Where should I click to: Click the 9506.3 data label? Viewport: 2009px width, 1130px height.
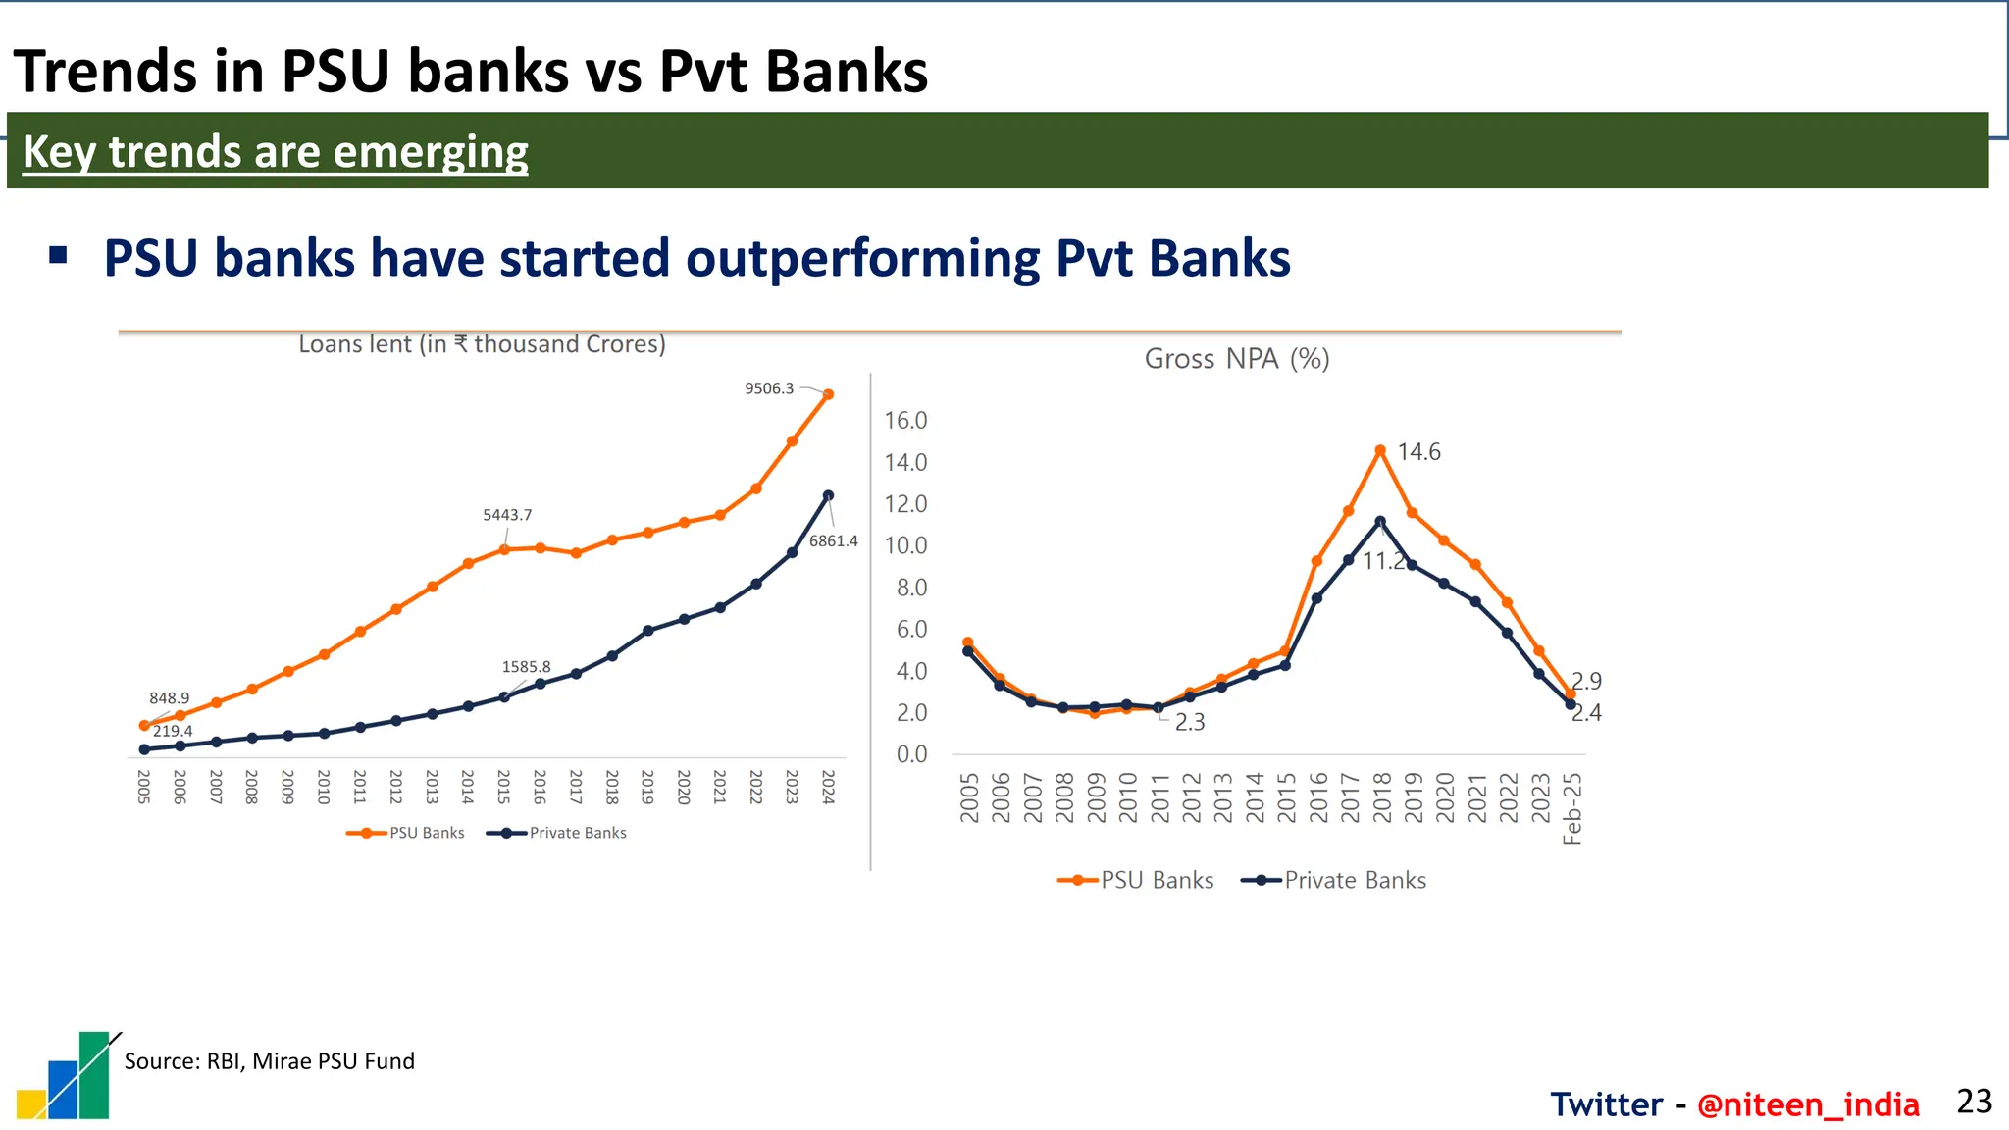tap(769, 388)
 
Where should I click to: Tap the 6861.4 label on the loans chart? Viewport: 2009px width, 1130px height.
tap(833, 540)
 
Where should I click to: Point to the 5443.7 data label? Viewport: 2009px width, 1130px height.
tap(507, 515)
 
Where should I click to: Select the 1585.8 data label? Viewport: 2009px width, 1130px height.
tap(526, 667)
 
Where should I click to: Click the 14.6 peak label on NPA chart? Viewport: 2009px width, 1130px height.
tap(1418, 452)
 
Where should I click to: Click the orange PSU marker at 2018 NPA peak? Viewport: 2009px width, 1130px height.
tap(1380, 450)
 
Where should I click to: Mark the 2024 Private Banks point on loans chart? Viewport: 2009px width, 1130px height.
tap(828, 495)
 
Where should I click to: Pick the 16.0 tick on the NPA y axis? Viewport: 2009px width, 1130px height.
tap(905, 421)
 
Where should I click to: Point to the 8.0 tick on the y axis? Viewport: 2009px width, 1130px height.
tap(911, 588)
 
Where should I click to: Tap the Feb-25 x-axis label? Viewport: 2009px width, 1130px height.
tap(1571, 808)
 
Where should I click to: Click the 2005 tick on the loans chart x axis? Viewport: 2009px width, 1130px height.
tap(144, 787)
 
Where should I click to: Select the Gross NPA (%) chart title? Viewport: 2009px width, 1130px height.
tap(1236, 359)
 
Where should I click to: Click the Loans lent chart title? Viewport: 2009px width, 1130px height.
tap(482, 344)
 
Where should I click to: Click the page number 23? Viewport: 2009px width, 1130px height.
tap(1974, 1102)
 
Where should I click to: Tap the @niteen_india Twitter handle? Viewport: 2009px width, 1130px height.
tap(1807, 1104)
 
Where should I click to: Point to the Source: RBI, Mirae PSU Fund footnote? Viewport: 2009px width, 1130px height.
tap(269, 1061)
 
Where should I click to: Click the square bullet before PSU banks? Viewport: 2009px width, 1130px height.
tap(58, 256)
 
